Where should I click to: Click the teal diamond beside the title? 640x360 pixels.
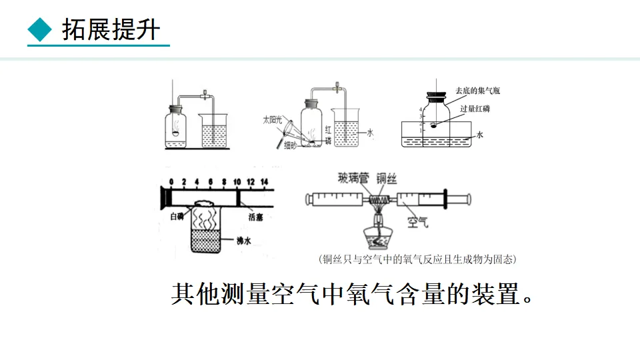click(40, 29)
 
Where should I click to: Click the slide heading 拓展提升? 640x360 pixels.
click(111, 29)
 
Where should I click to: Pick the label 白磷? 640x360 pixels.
click(177, 216)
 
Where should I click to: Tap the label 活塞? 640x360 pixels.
click(256, 217)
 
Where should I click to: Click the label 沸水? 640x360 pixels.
click(244, 242)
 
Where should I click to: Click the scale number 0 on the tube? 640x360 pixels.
click(171, 181)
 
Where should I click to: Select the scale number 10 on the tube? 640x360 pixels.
click(237, 181)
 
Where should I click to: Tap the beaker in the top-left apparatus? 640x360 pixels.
click(214, 131)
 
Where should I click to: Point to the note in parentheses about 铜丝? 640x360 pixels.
click(418, 259)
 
